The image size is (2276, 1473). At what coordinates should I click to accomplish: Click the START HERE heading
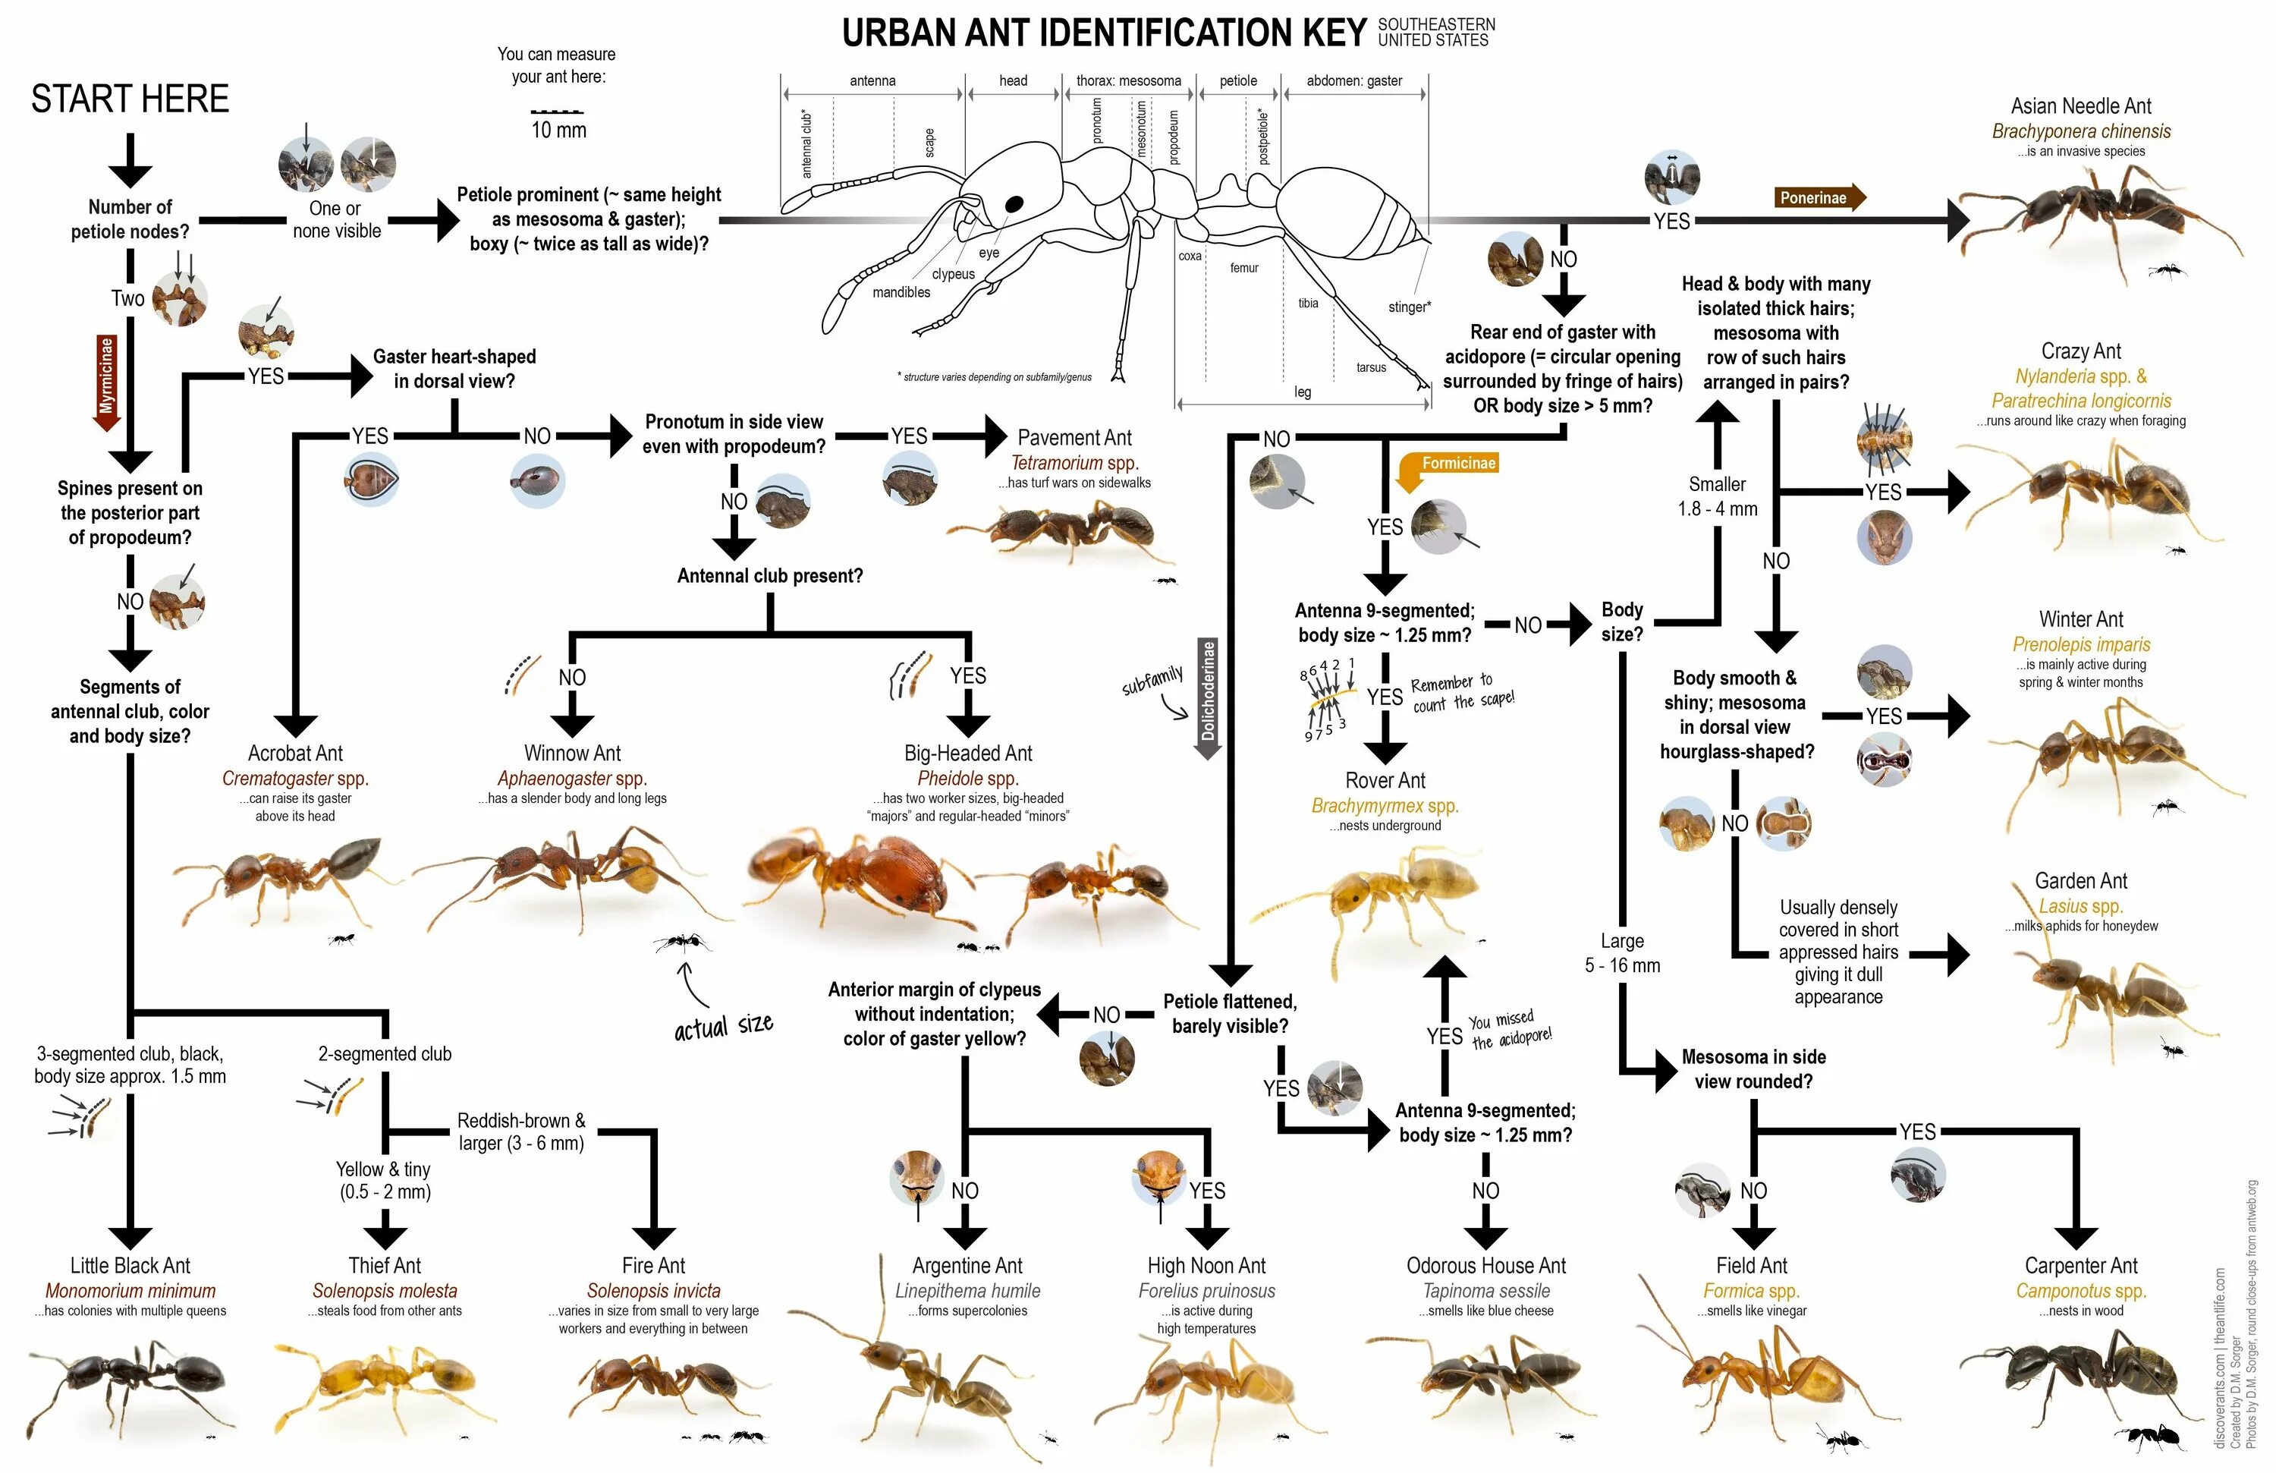click(130, 99)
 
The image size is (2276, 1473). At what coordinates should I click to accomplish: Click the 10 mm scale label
click(558, 130)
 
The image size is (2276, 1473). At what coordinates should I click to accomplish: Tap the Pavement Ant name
click(1074, 438)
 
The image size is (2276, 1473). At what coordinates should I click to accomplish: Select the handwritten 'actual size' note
click(723, 1026)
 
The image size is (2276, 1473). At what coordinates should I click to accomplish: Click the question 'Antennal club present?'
click(770, 576)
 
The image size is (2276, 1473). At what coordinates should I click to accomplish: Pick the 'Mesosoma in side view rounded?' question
click(1753, 1069)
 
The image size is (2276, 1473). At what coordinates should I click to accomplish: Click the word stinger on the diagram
click(1409, 307)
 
